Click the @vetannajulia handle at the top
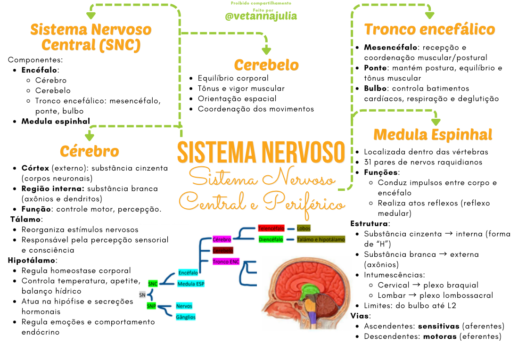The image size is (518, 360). click(x=261, y=16)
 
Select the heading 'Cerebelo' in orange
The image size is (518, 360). click(x=266, y=65)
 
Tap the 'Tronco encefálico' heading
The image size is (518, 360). click(x=429, y=29)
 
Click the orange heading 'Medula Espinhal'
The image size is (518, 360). click(x=433, y=135)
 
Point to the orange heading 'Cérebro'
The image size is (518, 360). click(x=89, y=151)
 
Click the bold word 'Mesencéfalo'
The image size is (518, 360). click(x=391, y=48)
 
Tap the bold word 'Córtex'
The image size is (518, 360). click(x=35, y=168)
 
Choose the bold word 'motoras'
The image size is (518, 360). click(x=440, y=336)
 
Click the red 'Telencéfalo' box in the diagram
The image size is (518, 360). click(x=271, y=229)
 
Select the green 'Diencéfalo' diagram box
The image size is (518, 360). click(x=271, y=239)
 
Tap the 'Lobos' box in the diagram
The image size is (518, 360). click(x=304, y=229)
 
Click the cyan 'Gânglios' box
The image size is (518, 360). click(x=185, y=317)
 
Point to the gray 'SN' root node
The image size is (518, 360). click(x=142, y=295)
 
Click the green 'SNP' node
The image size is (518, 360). click(x=151, y=306)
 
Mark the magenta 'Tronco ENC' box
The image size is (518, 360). click(x=226, y=262)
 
